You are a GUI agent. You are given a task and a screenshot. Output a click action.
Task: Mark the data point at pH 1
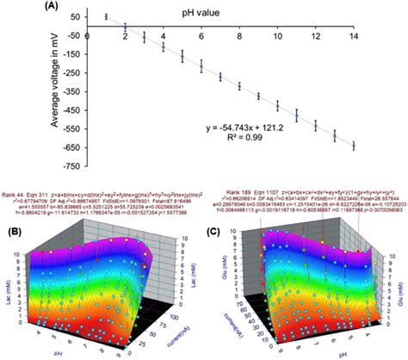point(106,16)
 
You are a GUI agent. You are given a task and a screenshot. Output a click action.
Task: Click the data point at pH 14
point(353,146)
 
